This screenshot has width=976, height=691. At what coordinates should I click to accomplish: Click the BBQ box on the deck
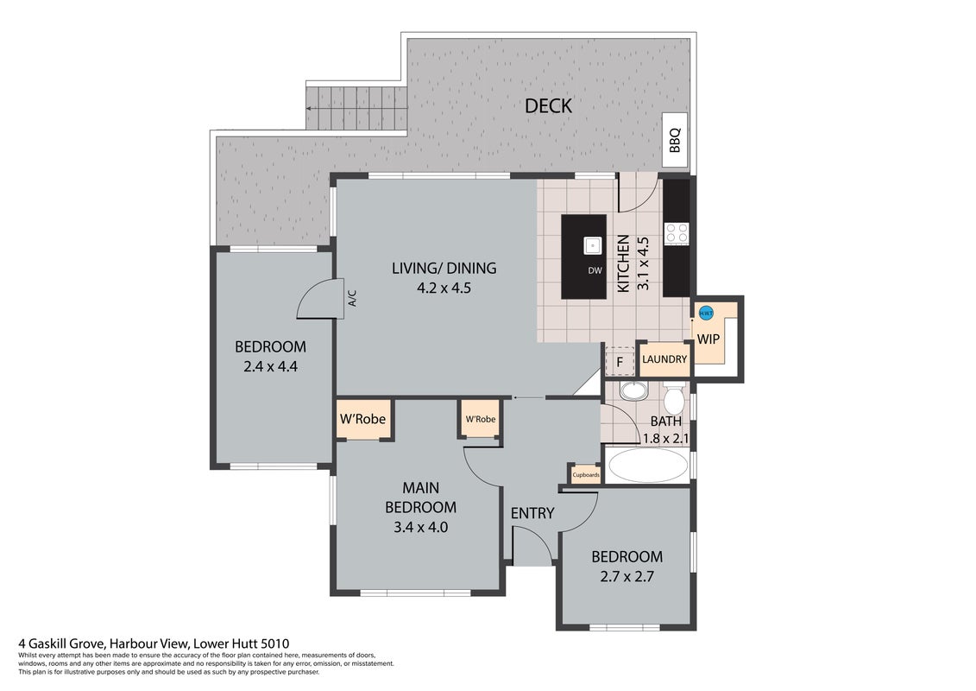tap(675, 140)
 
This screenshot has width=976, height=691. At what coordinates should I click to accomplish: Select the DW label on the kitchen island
tap(595, 270)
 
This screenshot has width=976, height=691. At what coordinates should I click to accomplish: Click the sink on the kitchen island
tap(593, 245)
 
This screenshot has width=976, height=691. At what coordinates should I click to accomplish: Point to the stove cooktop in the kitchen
tap(677, 233)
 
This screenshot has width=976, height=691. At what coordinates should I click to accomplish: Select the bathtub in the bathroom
tap(647, 466)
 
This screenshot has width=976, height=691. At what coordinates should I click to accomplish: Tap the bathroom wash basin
tap(633, 390)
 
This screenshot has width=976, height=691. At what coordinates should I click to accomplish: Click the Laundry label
tap(664, 359)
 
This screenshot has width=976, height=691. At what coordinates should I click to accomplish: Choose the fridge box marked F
tap(620, 361)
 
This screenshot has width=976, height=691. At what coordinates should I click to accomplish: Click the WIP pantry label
tap(708, 339)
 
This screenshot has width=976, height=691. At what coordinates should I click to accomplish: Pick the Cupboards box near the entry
tap(586, 475)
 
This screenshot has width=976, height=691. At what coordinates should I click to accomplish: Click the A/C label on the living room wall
tap(352, 298)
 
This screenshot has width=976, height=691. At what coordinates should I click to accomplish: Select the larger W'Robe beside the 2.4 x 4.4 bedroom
tap(363, 419)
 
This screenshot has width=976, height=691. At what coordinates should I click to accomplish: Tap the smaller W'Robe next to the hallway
tap(481, 419)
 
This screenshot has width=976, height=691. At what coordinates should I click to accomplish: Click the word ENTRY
tap(532, 513)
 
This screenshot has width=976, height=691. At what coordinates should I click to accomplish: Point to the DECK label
tap(548, 106)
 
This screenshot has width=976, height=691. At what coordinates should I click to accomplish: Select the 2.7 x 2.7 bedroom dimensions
tap(627, 576)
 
